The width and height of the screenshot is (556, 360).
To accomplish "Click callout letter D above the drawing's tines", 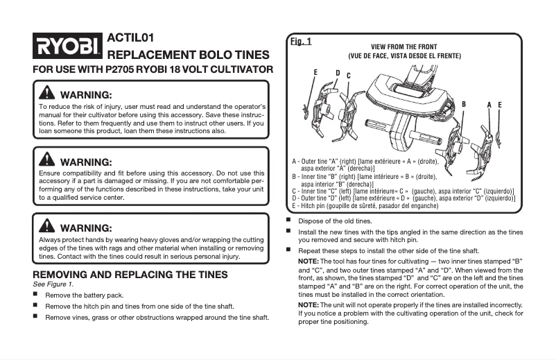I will [338, 73].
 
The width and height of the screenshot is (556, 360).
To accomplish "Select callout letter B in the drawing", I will [464, 104].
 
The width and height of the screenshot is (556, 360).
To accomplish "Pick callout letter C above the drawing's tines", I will [348, 76].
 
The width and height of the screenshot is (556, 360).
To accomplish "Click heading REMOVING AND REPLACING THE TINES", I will [130, 275].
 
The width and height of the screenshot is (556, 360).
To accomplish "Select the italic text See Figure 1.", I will [53, 284].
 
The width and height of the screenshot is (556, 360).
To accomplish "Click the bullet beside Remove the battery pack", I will [36, 295].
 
